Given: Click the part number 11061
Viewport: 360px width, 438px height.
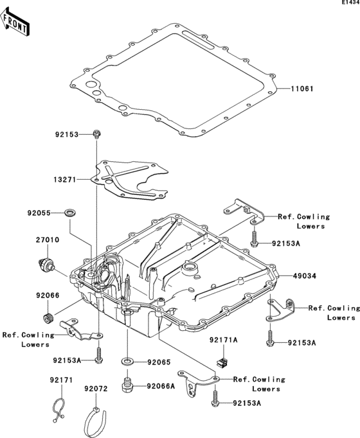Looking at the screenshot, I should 301,89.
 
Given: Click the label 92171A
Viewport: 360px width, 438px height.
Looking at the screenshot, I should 222,338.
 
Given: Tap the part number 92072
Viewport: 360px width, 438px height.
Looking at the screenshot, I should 96,389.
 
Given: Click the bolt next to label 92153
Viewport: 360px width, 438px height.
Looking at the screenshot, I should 96,134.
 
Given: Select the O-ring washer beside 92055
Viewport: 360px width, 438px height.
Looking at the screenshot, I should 69,211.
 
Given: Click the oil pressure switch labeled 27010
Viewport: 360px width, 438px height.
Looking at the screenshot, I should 46,264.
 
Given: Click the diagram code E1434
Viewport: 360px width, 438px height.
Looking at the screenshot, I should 350,3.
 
